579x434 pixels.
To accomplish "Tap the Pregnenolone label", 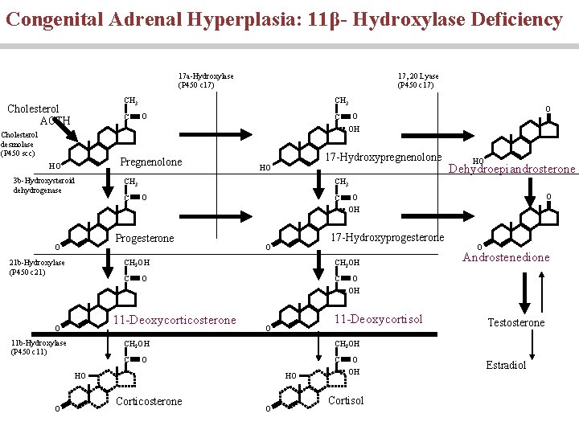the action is click(151, 162).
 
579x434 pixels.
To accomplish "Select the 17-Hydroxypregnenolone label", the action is click(383, 156).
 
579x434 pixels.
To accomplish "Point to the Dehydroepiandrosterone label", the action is click(511, 169).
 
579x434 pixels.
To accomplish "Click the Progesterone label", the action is click(145, 239).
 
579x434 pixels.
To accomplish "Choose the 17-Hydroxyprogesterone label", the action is click(388, 237).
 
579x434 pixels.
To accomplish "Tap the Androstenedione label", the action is click(507, 257).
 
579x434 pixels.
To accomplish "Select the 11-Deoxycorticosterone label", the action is click(175, 320).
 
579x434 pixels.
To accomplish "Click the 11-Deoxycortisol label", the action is click(377, 319).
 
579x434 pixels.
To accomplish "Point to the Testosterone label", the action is click(516, 322).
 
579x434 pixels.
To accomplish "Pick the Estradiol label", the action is click(506, 365).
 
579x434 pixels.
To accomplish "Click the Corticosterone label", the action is click(150, 401).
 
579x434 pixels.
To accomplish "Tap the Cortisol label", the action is click(347, 400).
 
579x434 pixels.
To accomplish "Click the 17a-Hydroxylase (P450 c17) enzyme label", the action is click(206, 80).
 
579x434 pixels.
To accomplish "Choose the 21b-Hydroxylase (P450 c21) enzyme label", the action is click(36, 267).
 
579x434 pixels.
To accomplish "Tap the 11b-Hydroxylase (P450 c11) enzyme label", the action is click(36, 347).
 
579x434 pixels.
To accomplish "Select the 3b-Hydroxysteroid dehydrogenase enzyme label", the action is click(43, 186).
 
